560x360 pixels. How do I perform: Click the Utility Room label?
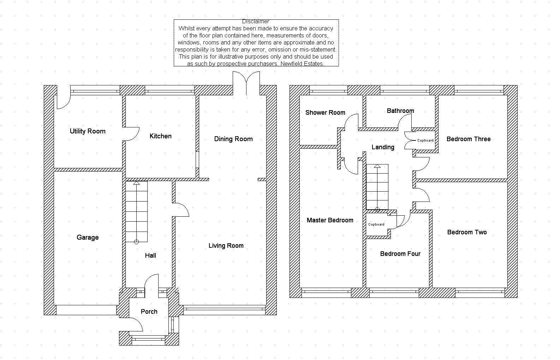click(x=88, y=131)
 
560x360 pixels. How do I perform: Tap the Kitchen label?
click(x=160, y=136)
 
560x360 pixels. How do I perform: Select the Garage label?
click(x=88, y=238)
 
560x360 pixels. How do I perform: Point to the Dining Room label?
click(x=233, y=139)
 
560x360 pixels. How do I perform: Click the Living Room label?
click(x=226, y=246)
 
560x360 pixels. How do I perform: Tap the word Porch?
click(x=149, y=312)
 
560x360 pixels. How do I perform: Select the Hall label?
click(x=150, y=256)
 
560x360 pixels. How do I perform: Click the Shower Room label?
click(x=325, y=113)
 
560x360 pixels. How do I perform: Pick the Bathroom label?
click(x=400, y=111)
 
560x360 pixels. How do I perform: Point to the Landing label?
click(x=383, y=147)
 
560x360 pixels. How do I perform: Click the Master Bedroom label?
click(x=330, y=220)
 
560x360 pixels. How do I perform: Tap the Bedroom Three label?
click(x=469, y=139)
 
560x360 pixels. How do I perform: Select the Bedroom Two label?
click(x=467, y=232)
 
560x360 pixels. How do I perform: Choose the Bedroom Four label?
click(x=400, y=254)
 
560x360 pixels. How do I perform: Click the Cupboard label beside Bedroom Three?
click(x=425, y=140)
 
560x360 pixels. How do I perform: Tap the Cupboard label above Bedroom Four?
click(x=376, y=224)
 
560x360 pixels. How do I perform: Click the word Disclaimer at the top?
click(x=256, y=22)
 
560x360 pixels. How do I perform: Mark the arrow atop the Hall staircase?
click(x=136, y=183)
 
